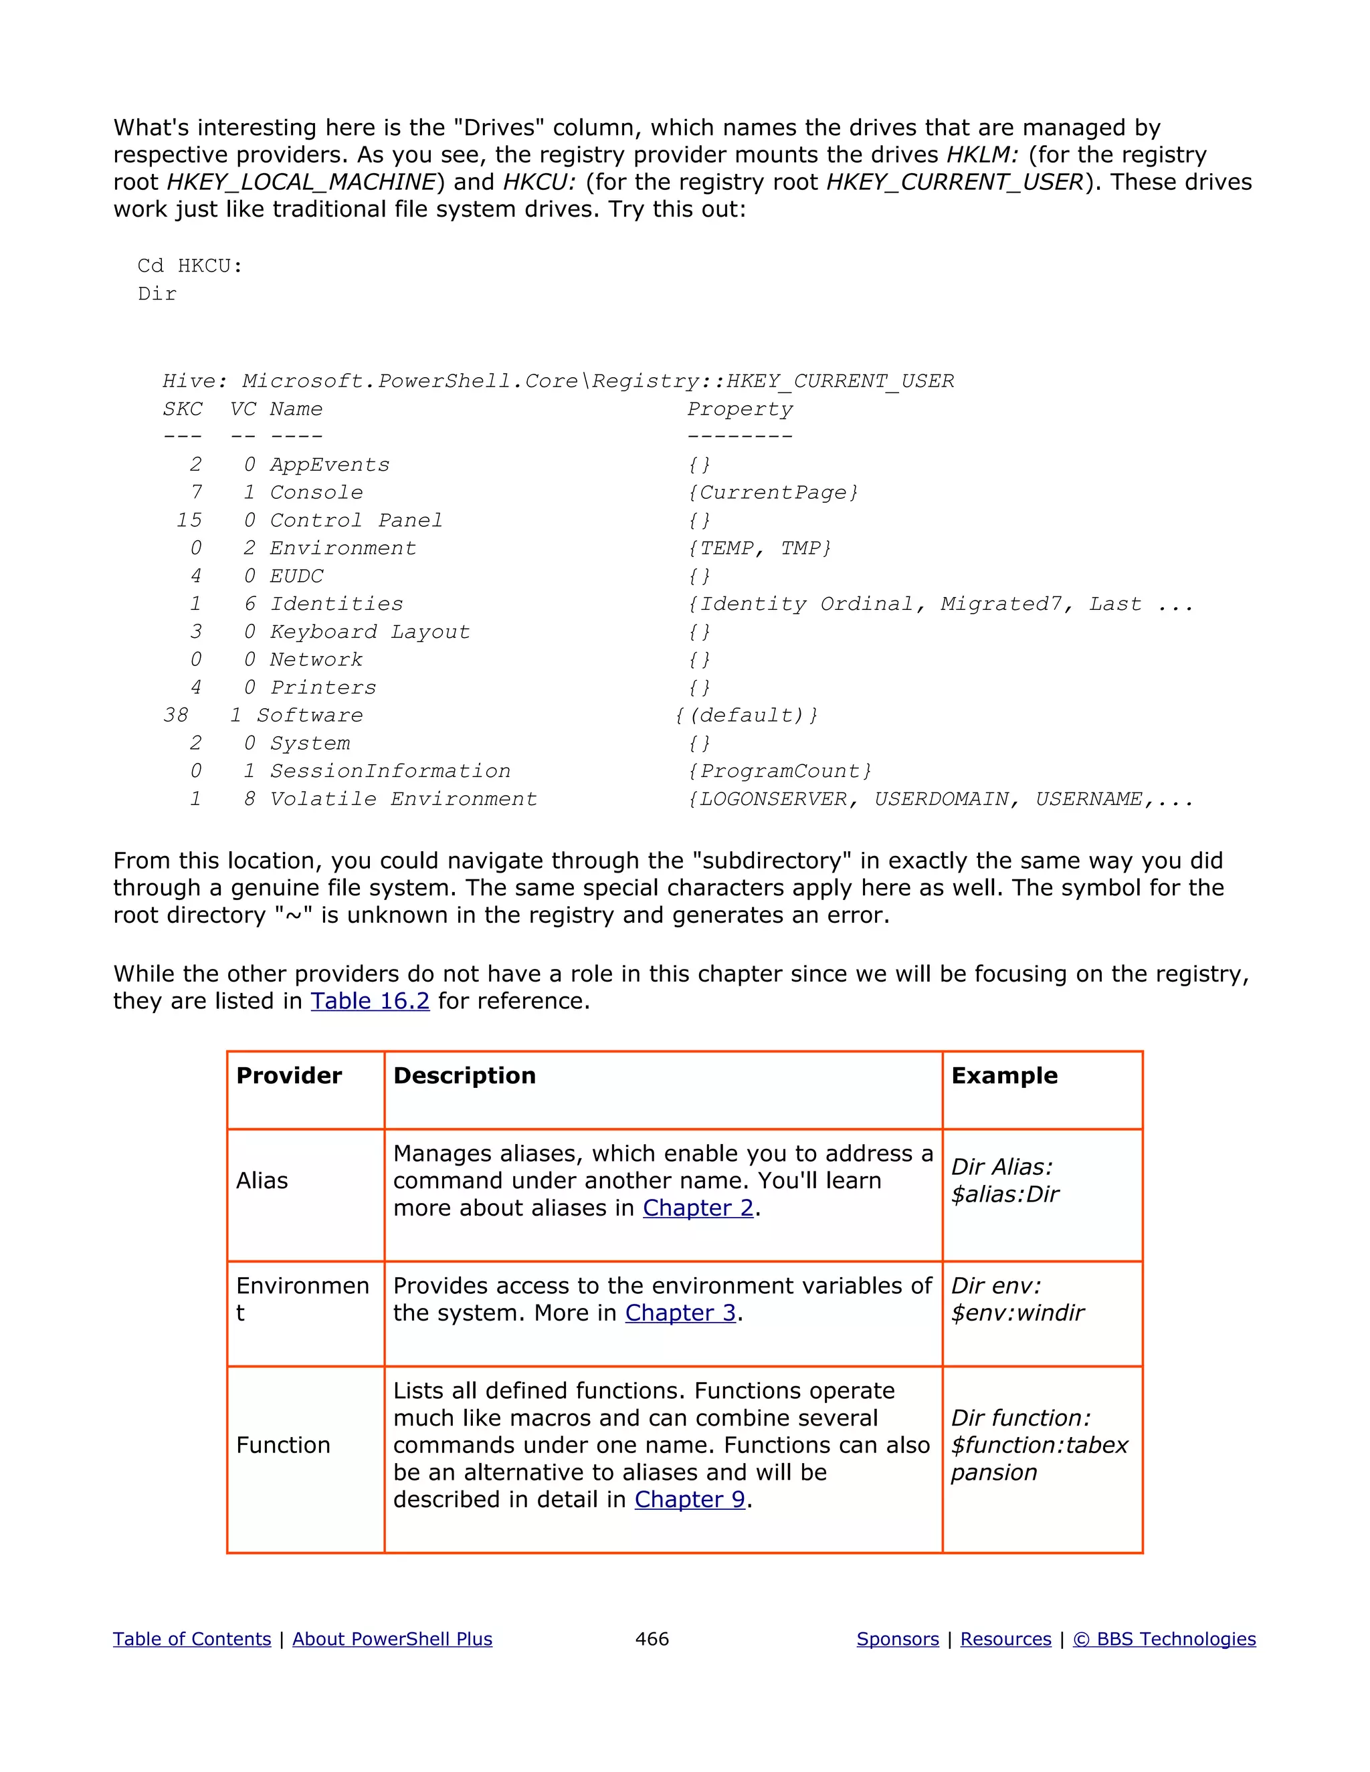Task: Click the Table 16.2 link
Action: point(369,1000)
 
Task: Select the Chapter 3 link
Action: point(680,1312)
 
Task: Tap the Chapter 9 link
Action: point(690,1499)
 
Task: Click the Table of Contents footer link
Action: point(191,1638)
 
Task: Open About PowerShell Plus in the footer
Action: point(392,1638)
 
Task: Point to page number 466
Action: point(652,1638)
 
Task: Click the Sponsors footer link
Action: point(898,1638)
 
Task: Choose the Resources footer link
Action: point(1005,1638)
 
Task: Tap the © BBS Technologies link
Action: point(1164,1638)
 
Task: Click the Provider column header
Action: point(289,1075)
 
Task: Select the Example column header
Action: point(1004,1075)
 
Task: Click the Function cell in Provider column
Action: point(282,1444)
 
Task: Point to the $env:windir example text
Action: point(1017,1313)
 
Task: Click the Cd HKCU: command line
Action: point(190,265)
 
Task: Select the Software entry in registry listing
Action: point(309,715)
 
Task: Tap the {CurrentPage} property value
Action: point(773,493)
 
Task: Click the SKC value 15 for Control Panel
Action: point(189,520)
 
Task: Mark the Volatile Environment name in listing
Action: point(403,798)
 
